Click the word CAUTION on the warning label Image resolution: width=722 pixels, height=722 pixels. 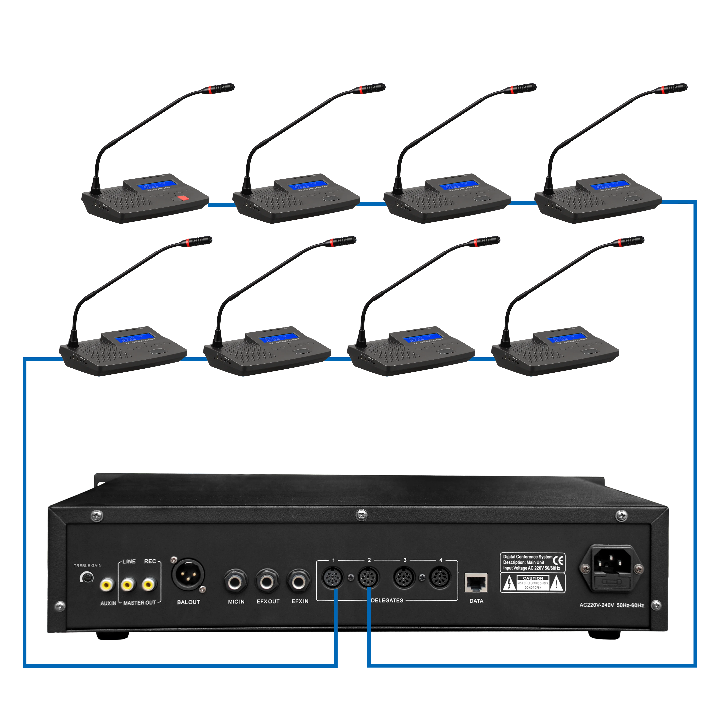pos(533,578)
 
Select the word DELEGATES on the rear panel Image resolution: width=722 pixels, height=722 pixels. pos(387,601)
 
